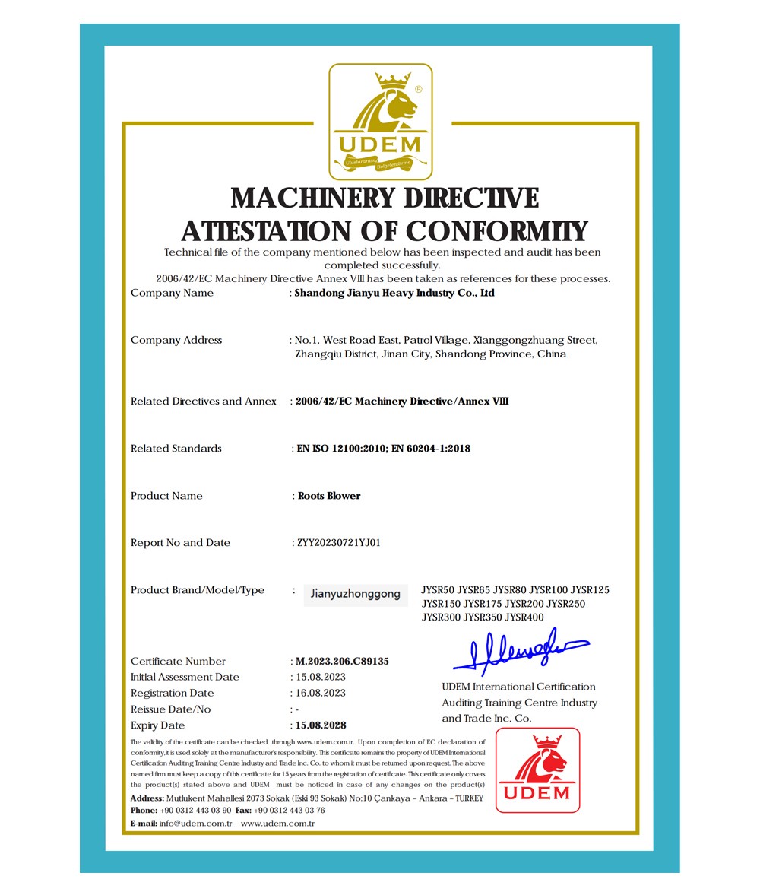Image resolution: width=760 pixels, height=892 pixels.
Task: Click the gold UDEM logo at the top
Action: [380, 121]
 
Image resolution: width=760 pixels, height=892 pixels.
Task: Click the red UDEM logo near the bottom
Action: [537, 770]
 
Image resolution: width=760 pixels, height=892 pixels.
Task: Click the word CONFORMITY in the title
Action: [496, 230]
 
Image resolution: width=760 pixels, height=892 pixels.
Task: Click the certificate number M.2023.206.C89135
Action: [342, 661]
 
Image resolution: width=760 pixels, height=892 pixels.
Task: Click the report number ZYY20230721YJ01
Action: [338, 542]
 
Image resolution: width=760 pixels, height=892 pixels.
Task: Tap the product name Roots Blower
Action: [329, 495]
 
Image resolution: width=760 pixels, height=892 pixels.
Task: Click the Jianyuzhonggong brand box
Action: [356, 594]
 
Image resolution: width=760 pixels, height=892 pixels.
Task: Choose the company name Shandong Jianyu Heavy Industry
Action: [394, 293]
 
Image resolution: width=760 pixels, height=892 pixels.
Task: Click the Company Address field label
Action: [176, 340]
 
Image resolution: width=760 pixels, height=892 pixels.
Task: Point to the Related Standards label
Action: [176, 448]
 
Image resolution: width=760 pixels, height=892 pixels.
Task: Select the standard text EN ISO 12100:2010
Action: [340, 448]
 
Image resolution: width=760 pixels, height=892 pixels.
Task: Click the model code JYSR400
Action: [524, 617]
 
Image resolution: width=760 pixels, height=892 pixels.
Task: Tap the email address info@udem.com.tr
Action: [195, 824]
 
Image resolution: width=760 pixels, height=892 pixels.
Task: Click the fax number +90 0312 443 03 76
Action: [290, 810]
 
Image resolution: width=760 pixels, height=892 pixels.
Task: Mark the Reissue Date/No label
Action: [171, 709]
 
